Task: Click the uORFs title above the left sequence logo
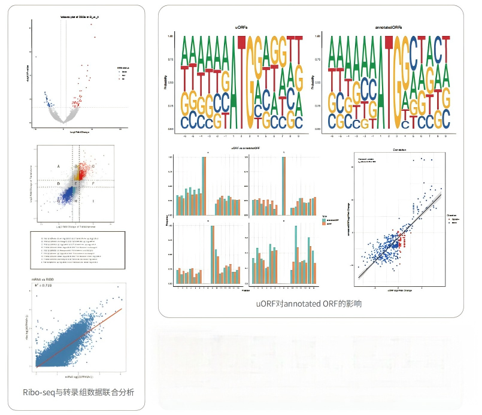[242, 28]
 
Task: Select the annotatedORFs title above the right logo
[384, 28]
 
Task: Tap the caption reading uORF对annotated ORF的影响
[309, 304]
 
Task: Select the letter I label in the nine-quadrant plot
[93, 202]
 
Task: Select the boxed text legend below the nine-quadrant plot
[77, 249]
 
